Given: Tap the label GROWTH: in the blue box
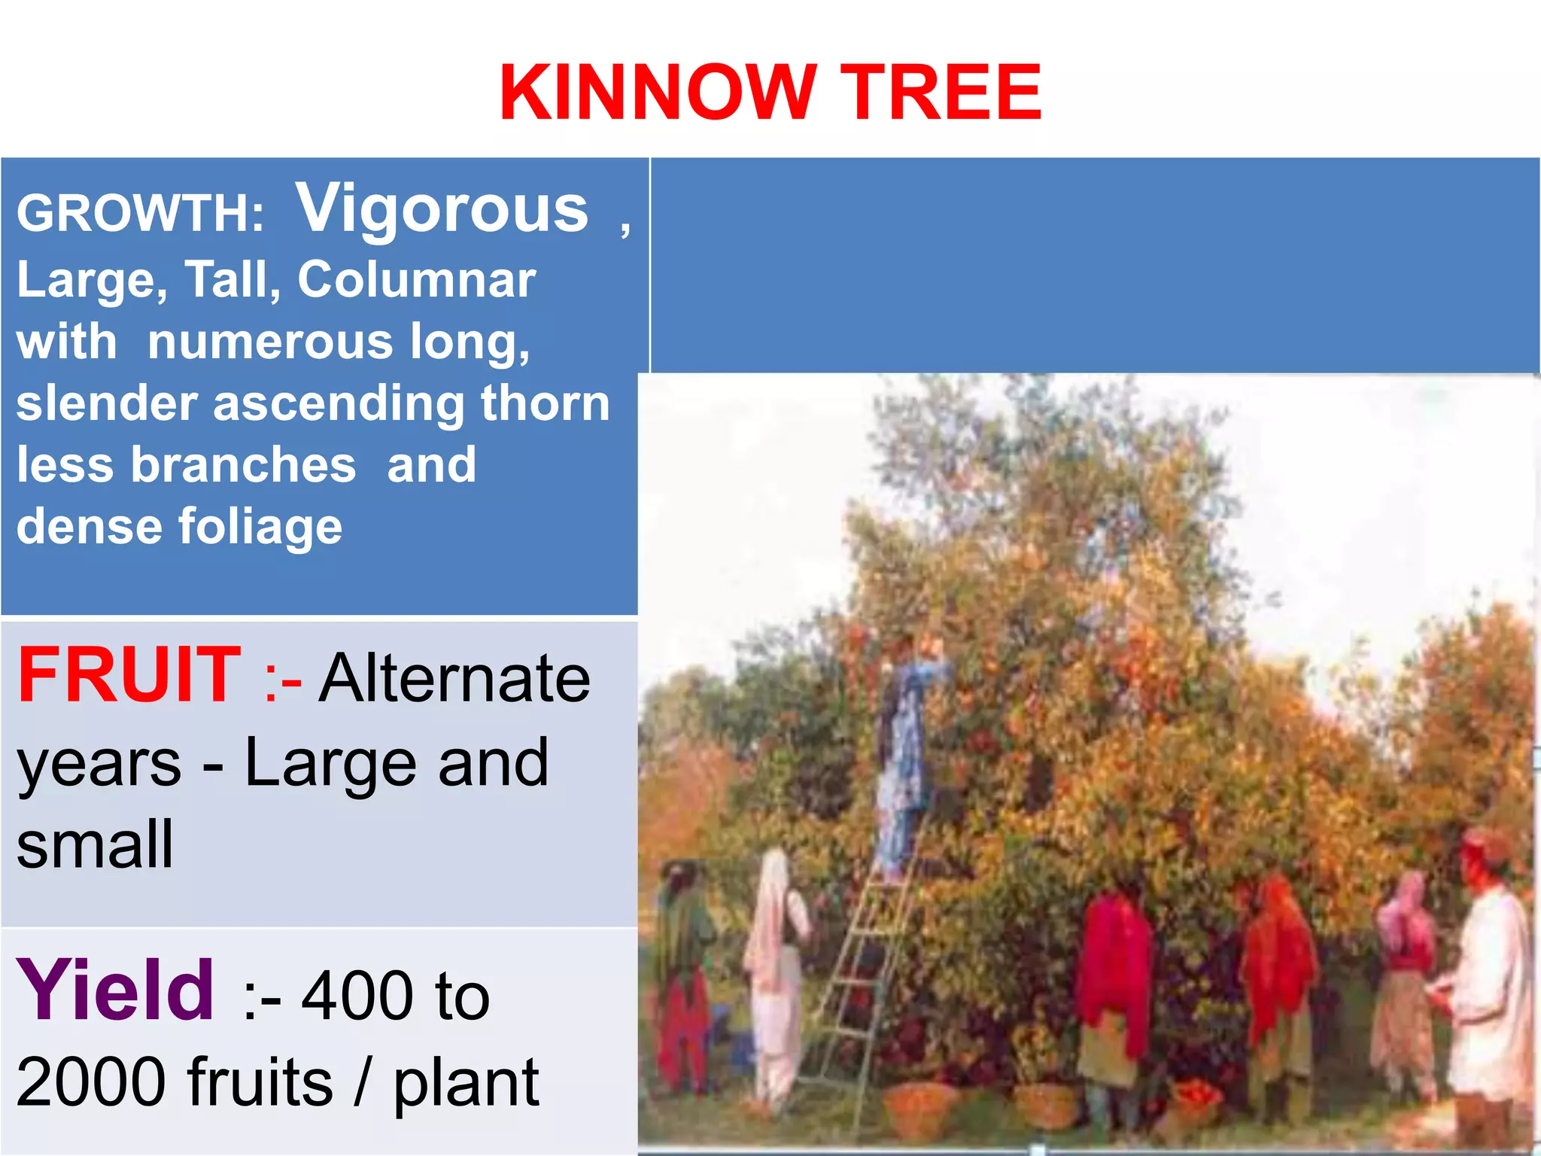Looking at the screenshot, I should tap(140, 213).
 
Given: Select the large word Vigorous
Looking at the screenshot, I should tap(442, 208).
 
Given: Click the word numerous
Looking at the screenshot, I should tap(271, 342).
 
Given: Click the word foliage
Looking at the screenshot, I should tap(260, 526).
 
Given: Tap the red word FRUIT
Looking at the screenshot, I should tap(129, 675).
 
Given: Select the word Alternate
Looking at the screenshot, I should tap(454, 678).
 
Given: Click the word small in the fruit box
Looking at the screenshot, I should tap(95, 844).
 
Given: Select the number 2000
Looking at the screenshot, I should tap(90, 1082).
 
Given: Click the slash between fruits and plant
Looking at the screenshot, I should tap(363, 1082).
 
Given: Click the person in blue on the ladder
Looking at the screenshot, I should tap(906, 753).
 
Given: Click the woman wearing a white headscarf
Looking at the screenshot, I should tap(775, 971).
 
